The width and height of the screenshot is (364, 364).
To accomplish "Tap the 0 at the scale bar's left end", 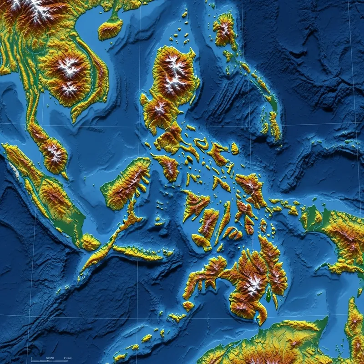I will [30, 358].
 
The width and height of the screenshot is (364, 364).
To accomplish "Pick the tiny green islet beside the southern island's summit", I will [268, 296].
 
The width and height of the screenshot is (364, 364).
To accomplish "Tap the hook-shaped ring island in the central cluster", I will [202, 144].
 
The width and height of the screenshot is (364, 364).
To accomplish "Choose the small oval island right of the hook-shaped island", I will [234, 148].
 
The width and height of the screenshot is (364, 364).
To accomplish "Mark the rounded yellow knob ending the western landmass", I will [91, 243].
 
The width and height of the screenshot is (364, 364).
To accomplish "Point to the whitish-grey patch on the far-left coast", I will [14, 171].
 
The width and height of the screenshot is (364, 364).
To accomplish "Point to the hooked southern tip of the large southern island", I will [262, 318].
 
